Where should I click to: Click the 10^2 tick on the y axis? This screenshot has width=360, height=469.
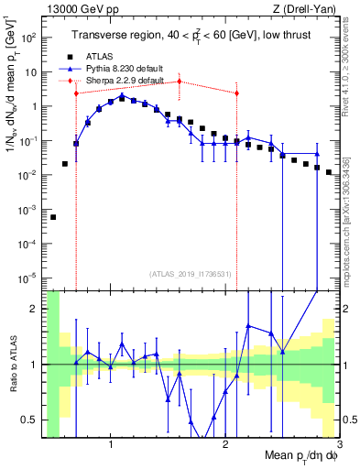point(29,38)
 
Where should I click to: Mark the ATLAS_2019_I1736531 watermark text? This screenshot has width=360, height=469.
point(190,273)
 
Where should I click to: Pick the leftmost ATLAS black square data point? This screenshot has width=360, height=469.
point(53,217)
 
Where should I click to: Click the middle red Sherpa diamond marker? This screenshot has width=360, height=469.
point(180,82)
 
